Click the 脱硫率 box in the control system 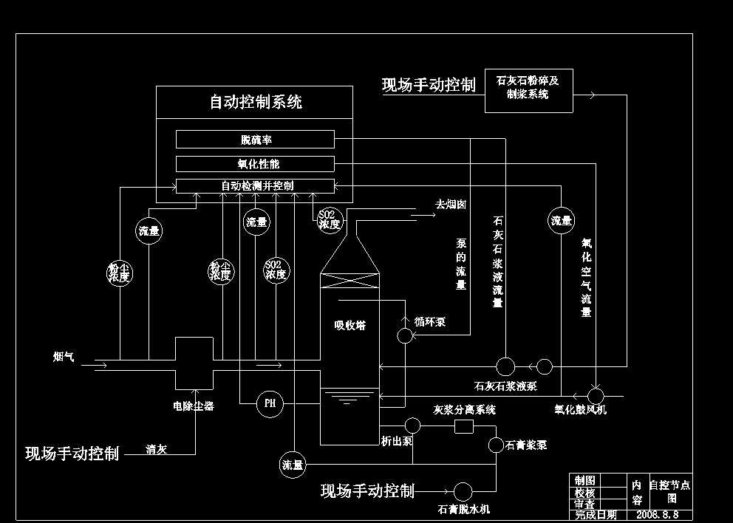pos(255,140)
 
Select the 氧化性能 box pos(255,163)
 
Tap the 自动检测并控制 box pos(255,185)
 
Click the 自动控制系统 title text pos(255,102)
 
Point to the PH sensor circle pos(270,403)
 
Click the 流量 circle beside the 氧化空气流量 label pos(561,220)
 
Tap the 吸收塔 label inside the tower pos(350,325)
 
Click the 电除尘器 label pos(193,406)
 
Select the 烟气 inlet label pos(64,358)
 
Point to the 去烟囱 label pos(450,205)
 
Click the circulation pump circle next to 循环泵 pos(405,336)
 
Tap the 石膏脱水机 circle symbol pos(463,490)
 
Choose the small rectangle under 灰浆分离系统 pos(463,426)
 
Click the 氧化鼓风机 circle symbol pos(596,395)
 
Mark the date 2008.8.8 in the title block pos(657,514)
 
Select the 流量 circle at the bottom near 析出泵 pos(293,465)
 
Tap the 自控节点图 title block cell pos(669,491)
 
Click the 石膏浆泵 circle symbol pos(496,444)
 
